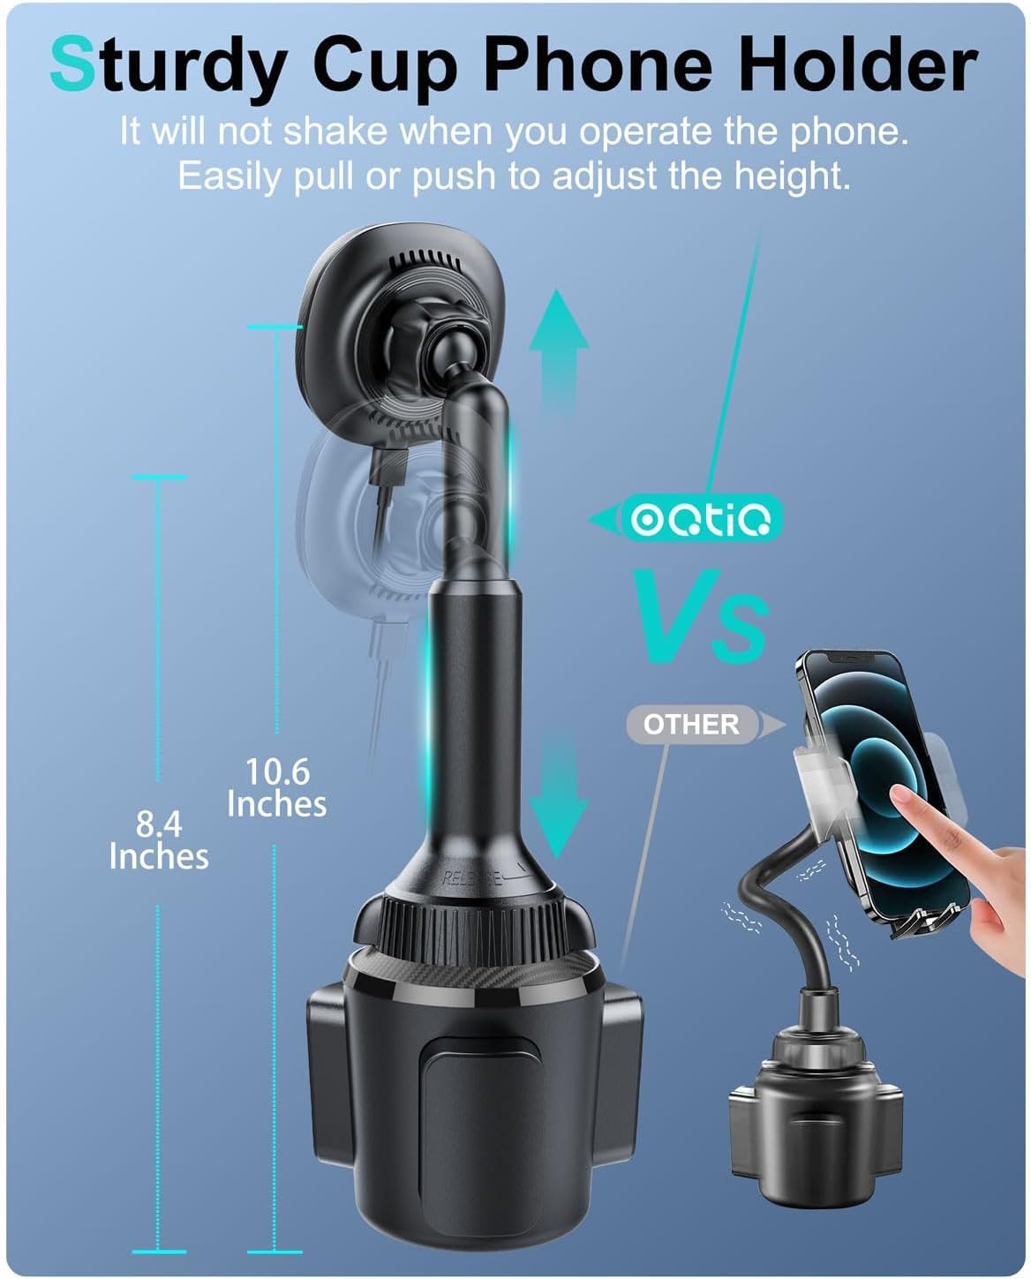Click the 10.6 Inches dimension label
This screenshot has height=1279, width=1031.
click(x=277, y=787)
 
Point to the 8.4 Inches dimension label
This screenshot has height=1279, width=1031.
click(x=159, y=839)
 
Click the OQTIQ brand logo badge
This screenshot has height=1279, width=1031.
click(x=702, y=517)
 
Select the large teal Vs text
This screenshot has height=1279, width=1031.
click(x=701, y=615)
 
